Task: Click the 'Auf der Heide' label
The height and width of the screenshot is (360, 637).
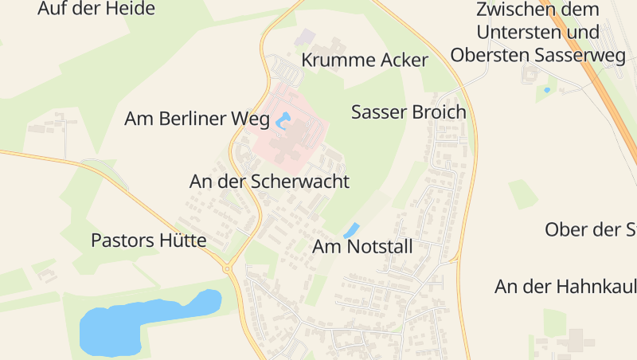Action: tap(96, 9)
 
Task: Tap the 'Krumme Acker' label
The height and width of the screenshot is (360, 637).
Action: tap(365, 61)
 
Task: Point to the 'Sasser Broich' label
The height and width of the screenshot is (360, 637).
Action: tap(408, 112)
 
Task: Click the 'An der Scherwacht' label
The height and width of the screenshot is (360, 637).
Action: tap(269, 182)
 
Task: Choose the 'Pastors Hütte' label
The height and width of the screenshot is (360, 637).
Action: tap(149, 241)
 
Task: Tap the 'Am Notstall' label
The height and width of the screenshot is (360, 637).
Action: tap(363, 247)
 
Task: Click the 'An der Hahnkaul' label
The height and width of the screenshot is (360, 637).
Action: tap(565, 286)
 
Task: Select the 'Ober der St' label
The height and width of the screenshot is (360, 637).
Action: tap(590, 230)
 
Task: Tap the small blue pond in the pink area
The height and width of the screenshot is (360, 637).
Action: tap(283, 122)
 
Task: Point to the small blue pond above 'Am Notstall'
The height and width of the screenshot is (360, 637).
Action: tap(351, 230)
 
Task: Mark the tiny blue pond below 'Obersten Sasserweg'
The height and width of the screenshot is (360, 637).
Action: tap(546, 90)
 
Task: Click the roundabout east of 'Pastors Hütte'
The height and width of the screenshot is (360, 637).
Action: tap(228, 269)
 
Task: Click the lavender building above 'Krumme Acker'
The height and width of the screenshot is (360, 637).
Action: tap(305, 37)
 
